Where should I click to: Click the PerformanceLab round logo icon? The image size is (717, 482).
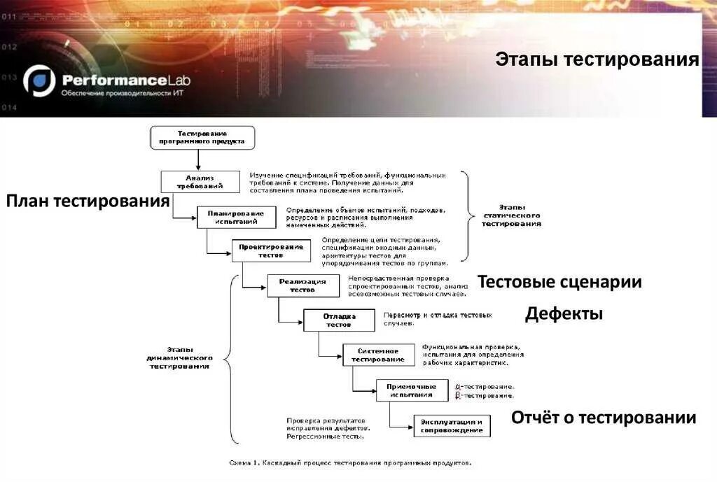(39, 80)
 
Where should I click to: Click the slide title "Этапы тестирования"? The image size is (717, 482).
(597, 59)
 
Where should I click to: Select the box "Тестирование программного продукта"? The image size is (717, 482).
(202, 137)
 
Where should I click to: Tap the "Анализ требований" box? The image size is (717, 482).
(200, 182)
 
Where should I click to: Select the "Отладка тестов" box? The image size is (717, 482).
(340, 320)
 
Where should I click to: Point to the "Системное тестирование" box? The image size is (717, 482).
(377, 355)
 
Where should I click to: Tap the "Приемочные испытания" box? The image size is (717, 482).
(412, 390)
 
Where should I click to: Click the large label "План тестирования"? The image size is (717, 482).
(88, 201)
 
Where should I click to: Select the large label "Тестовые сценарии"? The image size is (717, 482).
(559, 282)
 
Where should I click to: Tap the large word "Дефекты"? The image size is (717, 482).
(564, 314)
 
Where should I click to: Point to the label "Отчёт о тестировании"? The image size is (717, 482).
(604, 418)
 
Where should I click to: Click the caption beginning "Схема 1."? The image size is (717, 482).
(351, 462)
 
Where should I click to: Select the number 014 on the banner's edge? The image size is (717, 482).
(8, 107)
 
